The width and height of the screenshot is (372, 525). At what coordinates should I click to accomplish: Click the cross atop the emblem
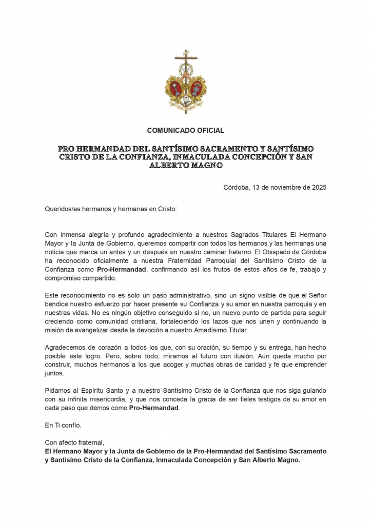tap(186, 57)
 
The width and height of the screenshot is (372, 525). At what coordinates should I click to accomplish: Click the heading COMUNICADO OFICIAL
tap(186, 131)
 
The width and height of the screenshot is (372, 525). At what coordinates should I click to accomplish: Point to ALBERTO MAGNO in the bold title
tap(186, 166)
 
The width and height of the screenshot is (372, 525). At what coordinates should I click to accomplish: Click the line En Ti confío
tap(63, 425)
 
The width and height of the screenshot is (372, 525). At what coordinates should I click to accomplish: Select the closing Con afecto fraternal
tap(75, 442)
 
